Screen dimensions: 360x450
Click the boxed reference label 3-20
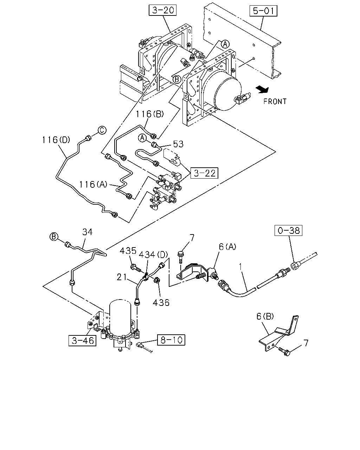[x=162, y=10]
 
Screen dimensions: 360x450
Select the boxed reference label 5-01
[x=263, y=11]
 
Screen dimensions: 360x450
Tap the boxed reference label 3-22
[x=204, y=173]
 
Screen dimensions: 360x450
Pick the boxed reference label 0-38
[x=289, y=230]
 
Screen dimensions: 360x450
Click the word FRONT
[x=275, y=102]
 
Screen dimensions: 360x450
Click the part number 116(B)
[x=150, y=114]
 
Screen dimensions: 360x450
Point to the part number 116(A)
[x=93, y=184]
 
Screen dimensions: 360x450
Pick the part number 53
[x=178, y=144]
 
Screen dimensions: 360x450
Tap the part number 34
[x=88, y=232]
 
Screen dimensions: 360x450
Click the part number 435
[x=128, y=251]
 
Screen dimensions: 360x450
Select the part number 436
[x=161, y=303]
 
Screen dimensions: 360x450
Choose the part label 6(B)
[x=265, y=316]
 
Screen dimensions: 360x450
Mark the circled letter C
[x=102, y=130]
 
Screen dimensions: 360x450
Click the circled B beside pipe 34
[x=54, y=237]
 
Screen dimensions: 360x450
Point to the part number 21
[x=122, y=277]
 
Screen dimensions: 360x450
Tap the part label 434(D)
[x=153, y=255]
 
